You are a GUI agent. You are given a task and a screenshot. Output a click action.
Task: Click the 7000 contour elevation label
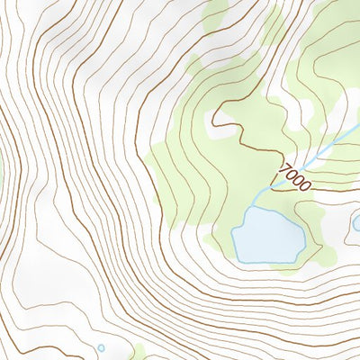[x=294, y=176]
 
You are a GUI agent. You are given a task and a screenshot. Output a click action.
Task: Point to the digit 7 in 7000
[x=284, y=167]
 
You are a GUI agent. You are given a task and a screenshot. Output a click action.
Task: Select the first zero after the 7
[x=291, y=173]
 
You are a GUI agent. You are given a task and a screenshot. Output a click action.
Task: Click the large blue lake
[x=267, y=236]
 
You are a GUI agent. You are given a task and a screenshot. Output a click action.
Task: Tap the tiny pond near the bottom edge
[x=101, y=347]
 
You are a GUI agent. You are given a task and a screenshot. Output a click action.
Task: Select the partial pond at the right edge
[x=356, y=222]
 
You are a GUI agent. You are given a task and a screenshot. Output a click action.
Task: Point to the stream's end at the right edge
[x=358, y=130]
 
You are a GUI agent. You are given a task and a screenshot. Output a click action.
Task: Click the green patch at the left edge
[x=2, y=166]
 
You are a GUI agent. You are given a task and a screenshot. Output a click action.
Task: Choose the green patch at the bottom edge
[x=137, y=352]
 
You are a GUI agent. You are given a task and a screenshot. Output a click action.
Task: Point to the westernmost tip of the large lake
[x=232, y=236]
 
